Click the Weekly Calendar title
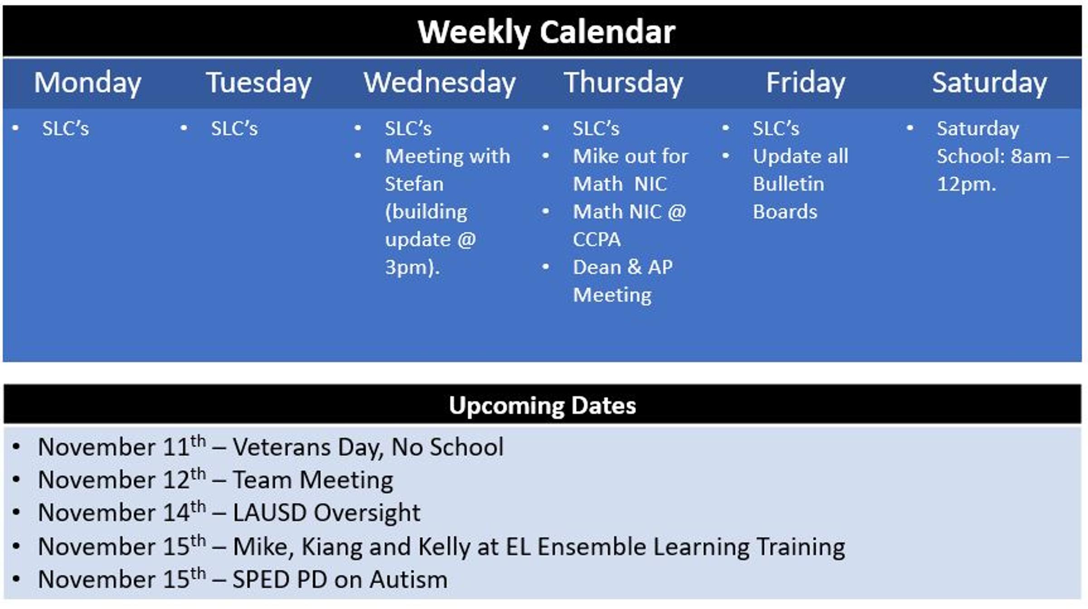point(546,33)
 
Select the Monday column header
point(88,83)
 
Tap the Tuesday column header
point(259,83)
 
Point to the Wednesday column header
point(440,83)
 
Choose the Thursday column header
point(623,83)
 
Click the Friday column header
point(806,83)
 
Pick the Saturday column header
point(990,83)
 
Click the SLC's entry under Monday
point(66,128)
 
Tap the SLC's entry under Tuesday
point(234,128)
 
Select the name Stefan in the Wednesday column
point(414,184)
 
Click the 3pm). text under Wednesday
point(413,268)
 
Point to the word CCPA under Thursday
point(597,239)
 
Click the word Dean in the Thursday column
point(597,267)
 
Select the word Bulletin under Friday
point(789,184)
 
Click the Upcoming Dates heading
point(543,405)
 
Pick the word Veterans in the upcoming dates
point(282,447)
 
